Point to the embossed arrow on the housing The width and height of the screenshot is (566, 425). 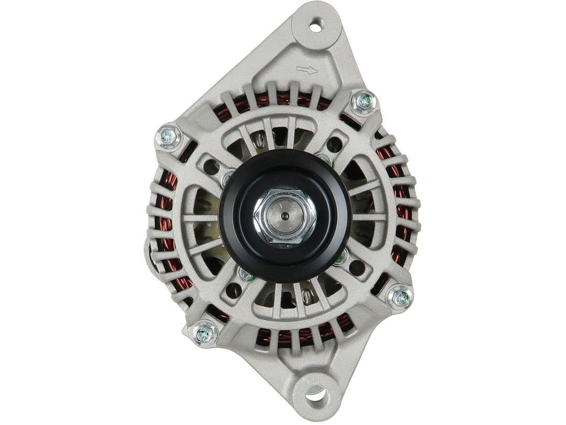click(306, 70)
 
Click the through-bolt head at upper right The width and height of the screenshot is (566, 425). click(364, 101)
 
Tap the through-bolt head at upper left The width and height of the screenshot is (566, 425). click(168, 137)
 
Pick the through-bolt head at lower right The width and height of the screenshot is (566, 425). click(400, 298)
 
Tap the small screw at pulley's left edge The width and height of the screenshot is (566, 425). click(227, 178)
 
